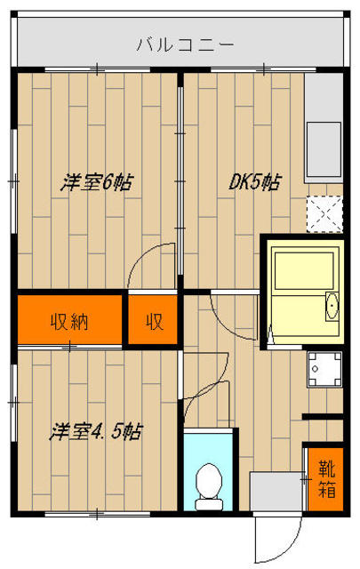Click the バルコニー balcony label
(185, 45)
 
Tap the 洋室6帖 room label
(97, 182)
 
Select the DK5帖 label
(255, 182)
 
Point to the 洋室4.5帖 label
(96, 431)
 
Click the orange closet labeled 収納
(69, 319)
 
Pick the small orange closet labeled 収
(153, 319)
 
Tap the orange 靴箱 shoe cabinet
(325, 479)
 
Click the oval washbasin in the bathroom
(332, 306)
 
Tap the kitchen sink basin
(324, 148)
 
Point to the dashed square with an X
(324, 214)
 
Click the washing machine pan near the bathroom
(324, 369)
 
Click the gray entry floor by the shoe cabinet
(276, 492)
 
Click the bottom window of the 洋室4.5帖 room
(98, 514)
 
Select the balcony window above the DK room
(263, 68)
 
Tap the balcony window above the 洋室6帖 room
(98, 68)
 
